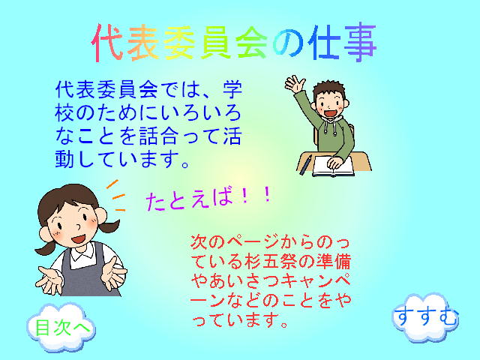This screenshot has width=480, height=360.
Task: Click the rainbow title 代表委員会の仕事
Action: pos(233,42)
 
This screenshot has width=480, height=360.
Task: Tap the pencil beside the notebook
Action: pos(304,166)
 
